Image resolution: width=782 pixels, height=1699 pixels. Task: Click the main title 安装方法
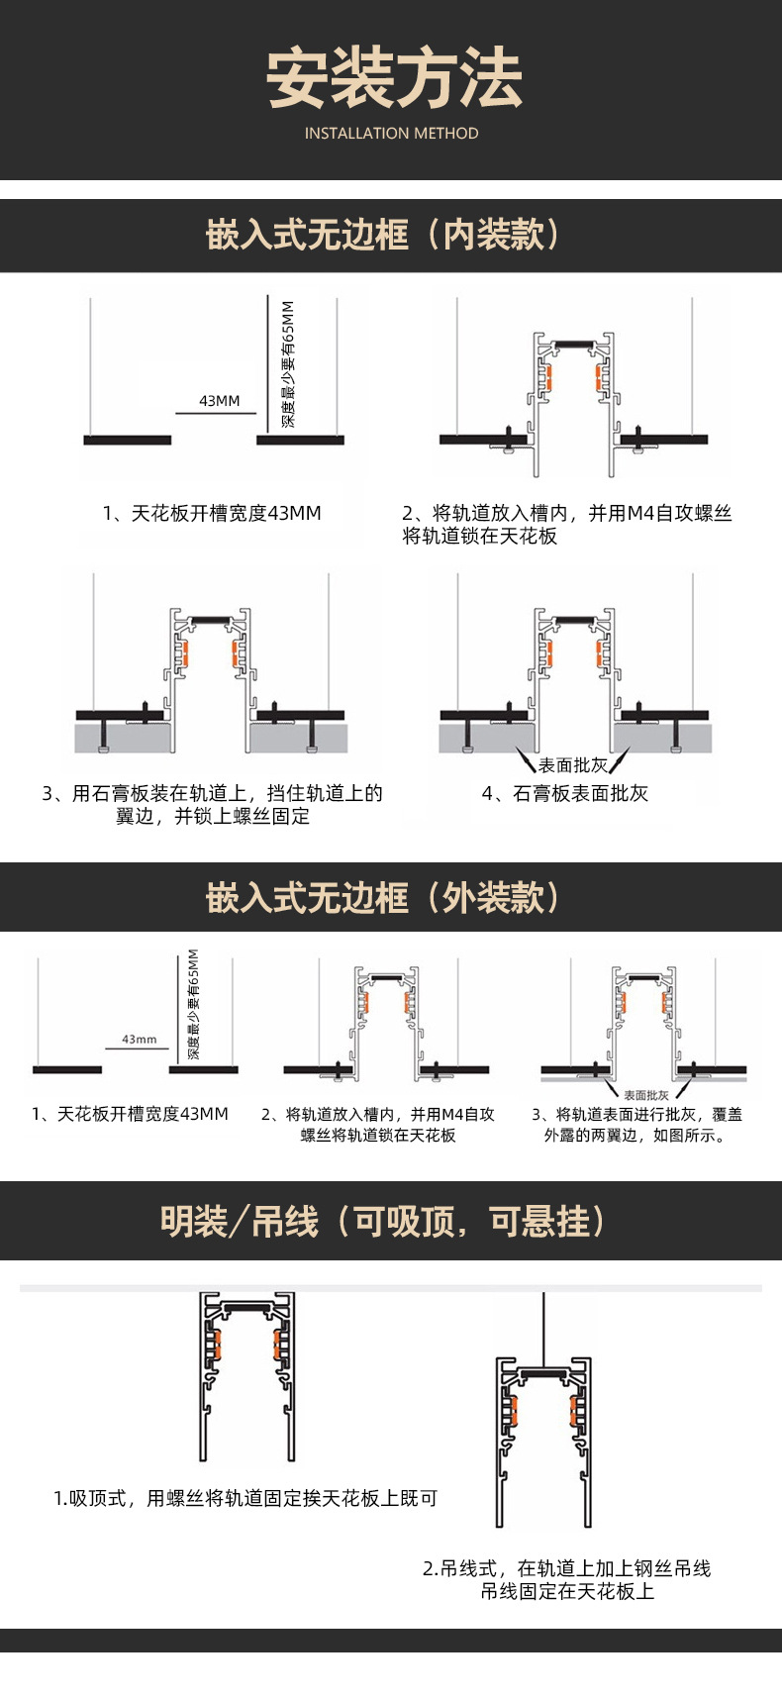[x=393, y=78]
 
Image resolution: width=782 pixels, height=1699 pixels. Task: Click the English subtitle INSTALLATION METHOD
[x=391, y=134]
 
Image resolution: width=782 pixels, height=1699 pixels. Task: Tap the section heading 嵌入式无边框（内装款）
[x=384, y=236]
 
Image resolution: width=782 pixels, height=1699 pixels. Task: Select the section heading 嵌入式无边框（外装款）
[x=384, y=897]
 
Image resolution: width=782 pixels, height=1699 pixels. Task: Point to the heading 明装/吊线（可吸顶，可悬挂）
[x=384, y=1221]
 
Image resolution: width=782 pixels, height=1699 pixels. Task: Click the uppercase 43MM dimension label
[x=220, y=401]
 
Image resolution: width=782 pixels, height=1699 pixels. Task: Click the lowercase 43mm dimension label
[x=140, y=1040]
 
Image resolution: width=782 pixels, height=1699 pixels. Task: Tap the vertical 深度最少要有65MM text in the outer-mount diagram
[x=194, y=1004]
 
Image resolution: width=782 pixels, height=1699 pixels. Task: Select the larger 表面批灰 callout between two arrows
[x=573, y=765]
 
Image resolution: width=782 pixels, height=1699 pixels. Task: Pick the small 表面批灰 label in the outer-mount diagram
[x=645, y=1095]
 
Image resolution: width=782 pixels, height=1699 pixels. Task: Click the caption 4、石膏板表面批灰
[x=565, y=794]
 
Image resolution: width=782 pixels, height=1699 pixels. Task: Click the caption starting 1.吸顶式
[x=245, y=1499]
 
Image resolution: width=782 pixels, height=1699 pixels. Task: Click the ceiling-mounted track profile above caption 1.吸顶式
[x=246, y=1375]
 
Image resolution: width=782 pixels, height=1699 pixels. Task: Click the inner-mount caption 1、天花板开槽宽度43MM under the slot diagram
[x=212, y=514]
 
